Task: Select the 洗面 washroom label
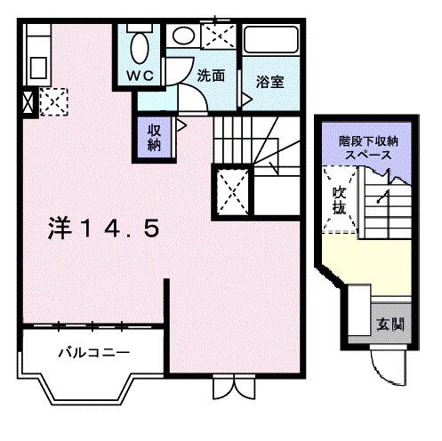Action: tap(211, 76)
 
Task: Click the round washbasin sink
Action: tap(182, 36)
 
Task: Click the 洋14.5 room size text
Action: tap(104, 229)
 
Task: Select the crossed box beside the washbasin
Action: tap(216, 36)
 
